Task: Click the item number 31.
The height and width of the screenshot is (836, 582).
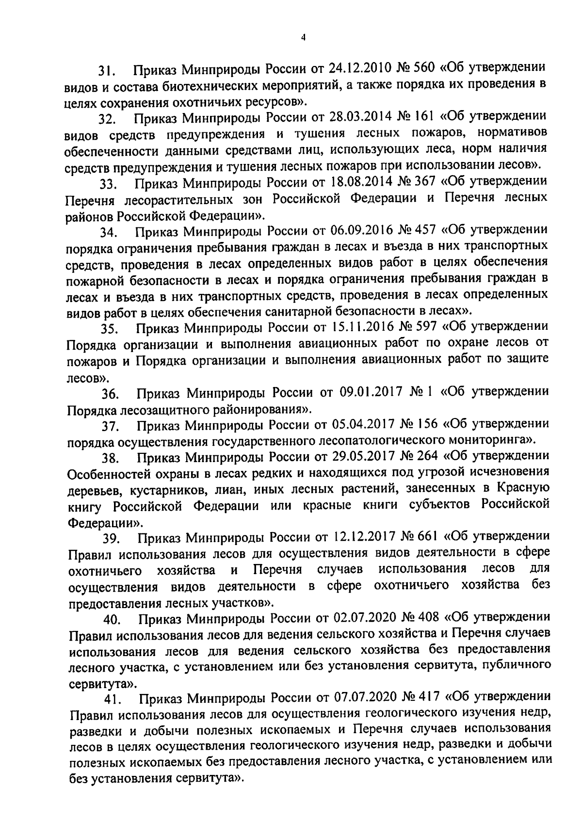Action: pos(106,71)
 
